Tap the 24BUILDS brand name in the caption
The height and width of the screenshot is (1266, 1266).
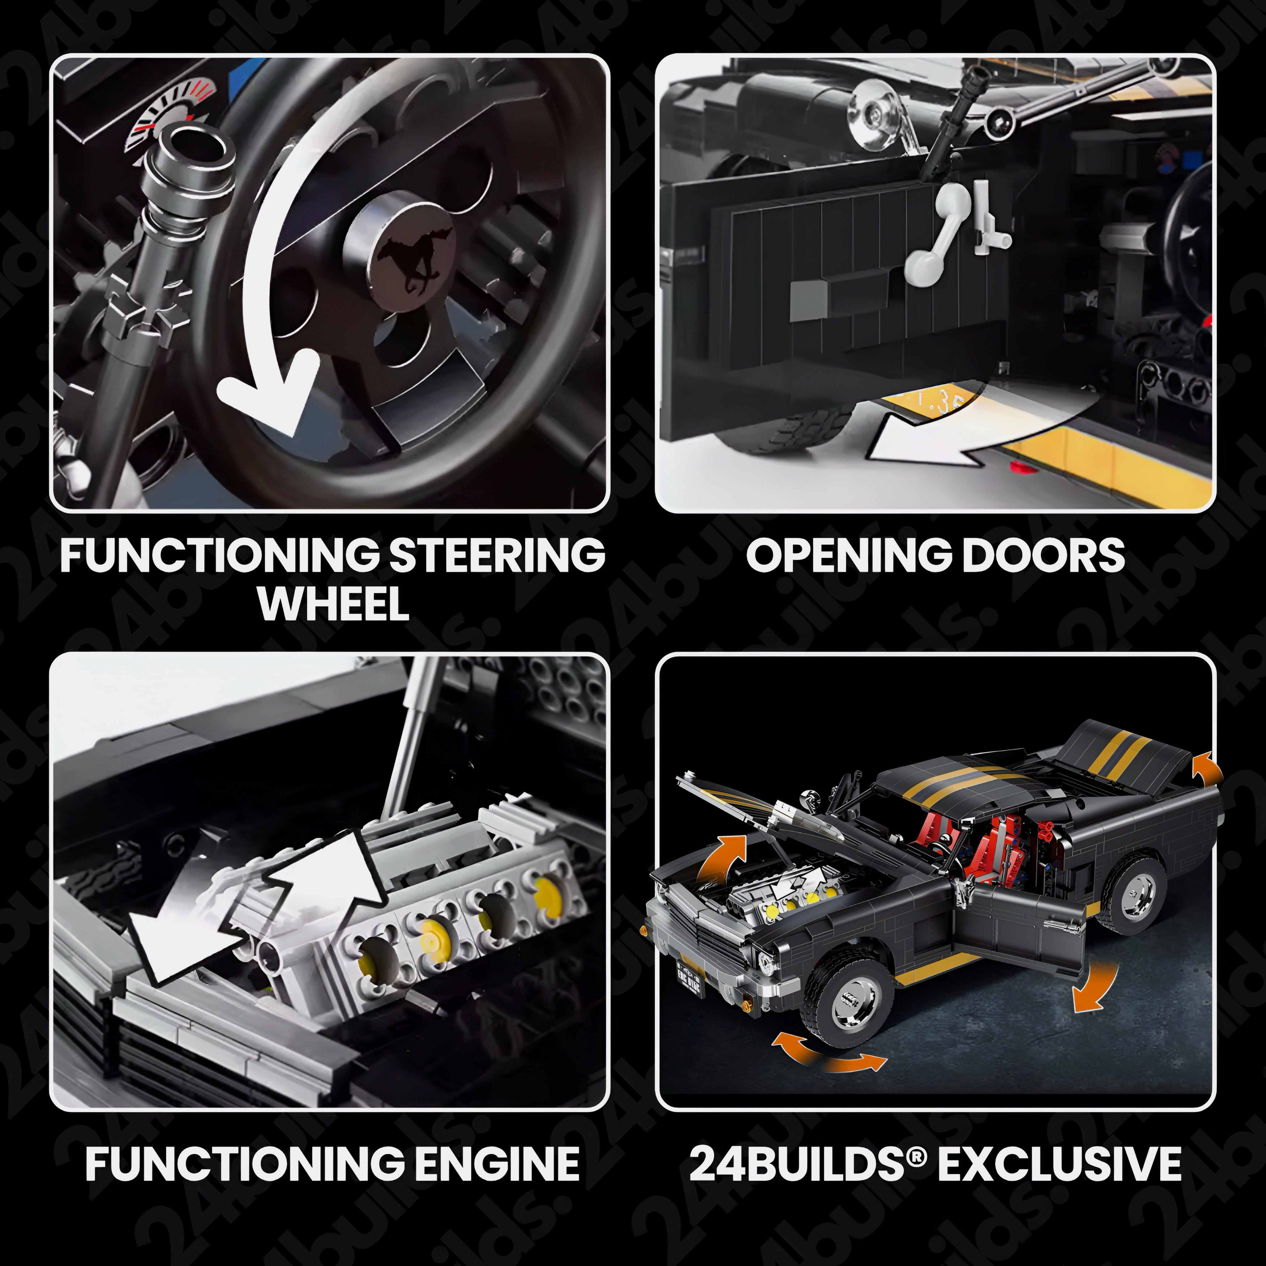coord(801,1163)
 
